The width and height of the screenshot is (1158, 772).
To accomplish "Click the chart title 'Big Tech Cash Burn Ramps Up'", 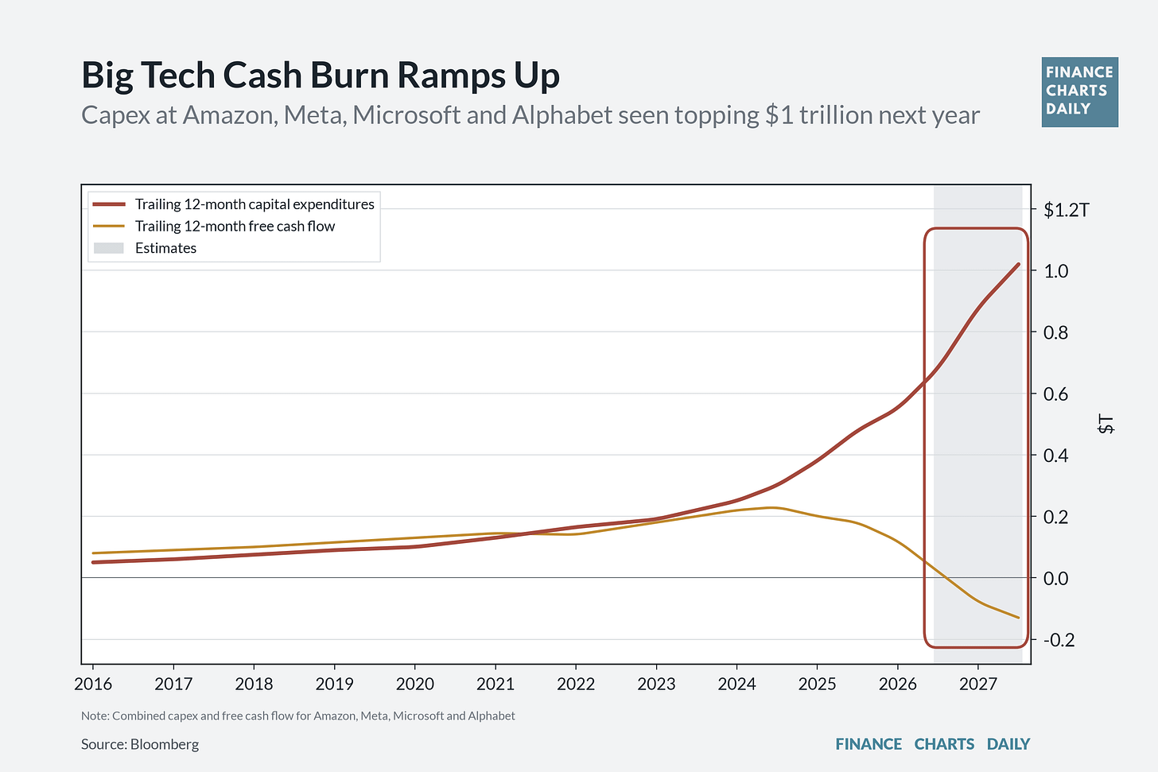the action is point(321,76).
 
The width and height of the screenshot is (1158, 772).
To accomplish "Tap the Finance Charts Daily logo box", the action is point(1079,92).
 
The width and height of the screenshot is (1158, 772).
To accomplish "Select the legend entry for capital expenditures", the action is point(233,204).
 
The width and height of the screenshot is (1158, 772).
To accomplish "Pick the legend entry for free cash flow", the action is point(213,226).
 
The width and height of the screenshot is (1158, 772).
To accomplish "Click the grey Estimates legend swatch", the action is point(108,248).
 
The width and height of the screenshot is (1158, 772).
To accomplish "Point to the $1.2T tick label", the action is point(1067,210).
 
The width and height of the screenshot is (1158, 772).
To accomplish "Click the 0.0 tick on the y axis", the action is point(1055,578).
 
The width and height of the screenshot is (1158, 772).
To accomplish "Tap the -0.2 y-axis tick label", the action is point(1059,640).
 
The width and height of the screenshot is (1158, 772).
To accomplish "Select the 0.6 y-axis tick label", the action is point(1055,394).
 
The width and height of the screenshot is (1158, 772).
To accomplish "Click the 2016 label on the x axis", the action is point(93,684).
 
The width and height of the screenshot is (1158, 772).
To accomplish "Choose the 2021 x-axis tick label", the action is point(495,684).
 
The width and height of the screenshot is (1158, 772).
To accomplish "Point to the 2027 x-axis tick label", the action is point(978,684).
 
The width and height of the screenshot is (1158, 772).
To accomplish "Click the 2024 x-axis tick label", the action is point(736,684).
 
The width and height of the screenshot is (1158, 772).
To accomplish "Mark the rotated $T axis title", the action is point(1106,424).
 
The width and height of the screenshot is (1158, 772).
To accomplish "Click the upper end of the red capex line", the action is point(1018,264).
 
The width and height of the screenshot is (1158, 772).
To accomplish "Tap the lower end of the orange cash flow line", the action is point(1018,618).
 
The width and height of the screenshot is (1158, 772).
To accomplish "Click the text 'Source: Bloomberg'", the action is point(140,744).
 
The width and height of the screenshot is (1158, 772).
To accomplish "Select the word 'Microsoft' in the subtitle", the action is point(406,114).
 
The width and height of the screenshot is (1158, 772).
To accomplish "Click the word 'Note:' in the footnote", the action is point(95,716).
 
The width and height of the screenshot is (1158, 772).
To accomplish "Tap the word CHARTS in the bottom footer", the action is point(944,744).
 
